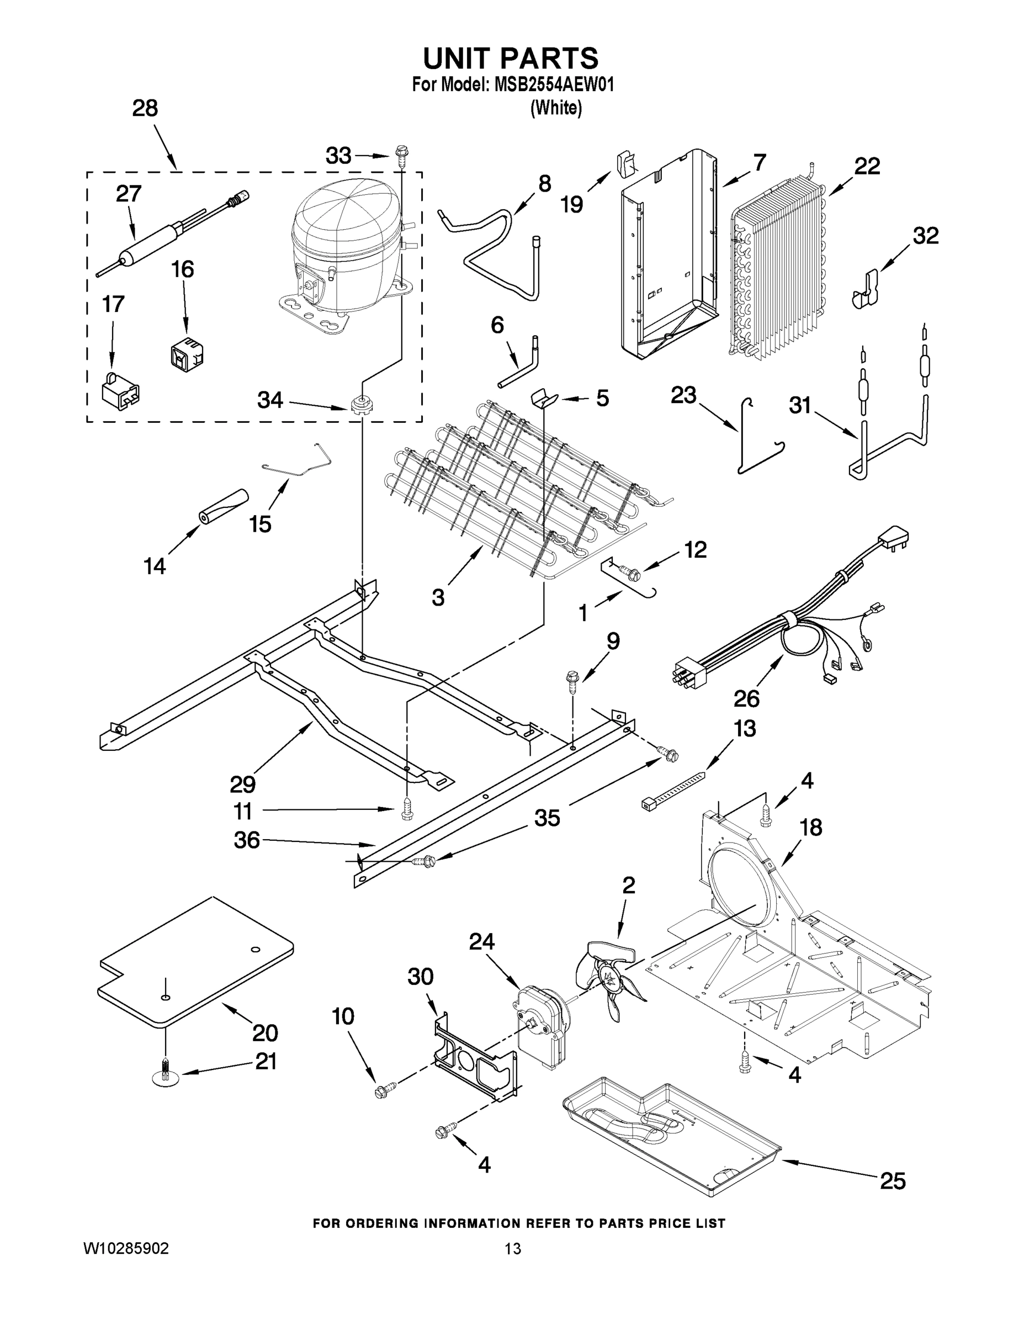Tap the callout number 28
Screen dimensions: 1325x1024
tap(145, 109)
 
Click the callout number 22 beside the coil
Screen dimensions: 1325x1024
tap(867, 166)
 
